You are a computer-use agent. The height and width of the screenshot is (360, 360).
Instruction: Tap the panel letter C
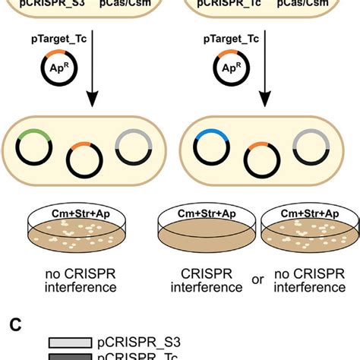point(13,324)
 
